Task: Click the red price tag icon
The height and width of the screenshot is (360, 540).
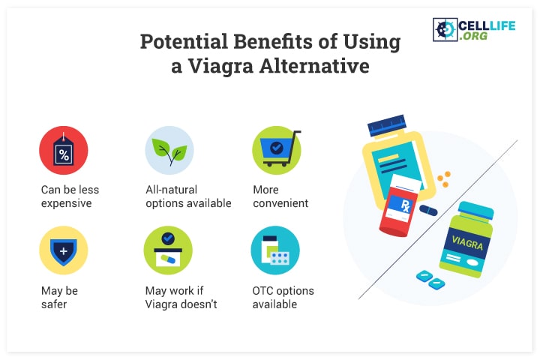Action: point(63,150)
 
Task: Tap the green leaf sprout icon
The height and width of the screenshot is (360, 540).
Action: point(169,150)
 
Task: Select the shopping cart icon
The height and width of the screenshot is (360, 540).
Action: point(277,150)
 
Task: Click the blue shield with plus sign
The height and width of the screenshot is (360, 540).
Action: point(63,250)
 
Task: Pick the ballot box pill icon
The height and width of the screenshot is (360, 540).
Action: point(168,250)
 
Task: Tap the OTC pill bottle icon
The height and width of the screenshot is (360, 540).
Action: point(275,250)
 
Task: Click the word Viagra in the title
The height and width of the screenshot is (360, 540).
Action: point(220,67)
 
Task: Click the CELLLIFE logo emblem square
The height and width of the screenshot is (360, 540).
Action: point(445,30)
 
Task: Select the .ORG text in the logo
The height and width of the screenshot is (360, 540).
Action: point(473,36)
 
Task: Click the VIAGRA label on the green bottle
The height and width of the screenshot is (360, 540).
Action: point(467,242)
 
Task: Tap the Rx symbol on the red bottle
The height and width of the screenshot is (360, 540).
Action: point(405,206)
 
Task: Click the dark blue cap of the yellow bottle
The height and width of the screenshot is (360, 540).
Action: point(387,125)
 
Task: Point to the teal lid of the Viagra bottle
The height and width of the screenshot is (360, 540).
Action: point(476,210)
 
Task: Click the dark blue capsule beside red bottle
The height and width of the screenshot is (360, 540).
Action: point(428,210)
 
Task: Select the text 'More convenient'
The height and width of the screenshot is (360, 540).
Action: point(280,196)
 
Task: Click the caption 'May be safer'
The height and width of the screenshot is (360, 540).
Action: point(59,297)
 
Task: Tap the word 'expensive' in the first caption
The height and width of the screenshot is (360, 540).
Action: point(67,203)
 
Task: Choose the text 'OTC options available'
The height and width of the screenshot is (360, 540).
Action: point(283,297)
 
